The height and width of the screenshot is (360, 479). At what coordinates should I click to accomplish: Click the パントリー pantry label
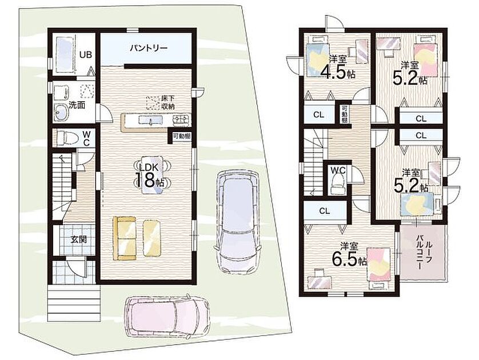149,48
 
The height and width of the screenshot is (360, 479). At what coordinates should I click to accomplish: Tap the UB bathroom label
86,55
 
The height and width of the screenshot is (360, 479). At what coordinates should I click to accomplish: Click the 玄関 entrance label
78,239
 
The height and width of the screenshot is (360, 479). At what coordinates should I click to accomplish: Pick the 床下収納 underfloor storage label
167,103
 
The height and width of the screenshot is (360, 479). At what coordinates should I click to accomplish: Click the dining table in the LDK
152,175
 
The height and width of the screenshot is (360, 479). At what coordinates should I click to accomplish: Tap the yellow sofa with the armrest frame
125,238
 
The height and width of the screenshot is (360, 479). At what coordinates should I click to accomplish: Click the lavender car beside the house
237,221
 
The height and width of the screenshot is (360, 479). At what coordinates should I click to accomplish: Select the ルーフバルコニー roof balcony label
424,251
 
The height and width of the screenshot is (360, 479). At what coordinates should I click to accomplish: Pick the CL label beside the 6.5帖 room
325,211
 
